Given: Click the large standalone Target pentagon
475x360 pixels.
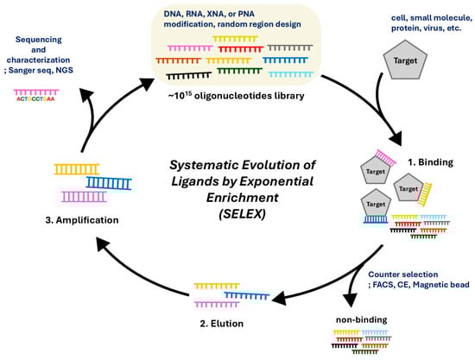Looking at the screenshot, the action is [405, 60].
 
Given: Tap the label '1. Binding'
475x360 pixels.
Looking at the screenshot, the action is [430, 162].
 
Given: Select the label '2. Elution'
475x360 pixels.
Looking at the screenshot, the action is [221, 324].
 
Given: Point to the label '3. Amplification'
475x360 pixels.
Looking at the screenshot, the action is [82, 220].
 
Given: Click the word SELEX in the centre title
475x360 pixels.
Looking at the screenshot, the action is [242, 214].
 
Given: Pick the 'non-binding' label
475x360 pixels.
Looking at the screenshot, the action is [361, 319].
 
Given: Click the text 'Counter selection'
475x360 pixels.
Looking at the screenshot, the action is [403, 275].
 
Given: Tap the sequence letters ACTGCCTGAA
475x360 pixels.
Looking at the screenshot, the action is [35, 99].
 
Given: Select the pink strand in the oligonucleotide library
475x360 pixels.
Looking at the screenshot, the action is [190, 48].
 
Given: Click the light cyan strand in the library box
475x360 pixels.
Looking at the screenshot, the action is [291, 74].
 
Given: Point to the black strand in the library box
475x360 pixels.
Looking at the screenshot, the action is [189, 76].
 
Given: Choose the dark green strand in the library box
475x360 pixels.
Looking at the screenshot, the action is [239, 71].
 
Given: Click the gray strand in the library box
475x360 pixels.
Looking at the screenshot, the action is [290, 47].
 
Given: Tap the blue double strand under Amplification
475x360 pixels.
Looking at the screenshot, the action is [109, 183].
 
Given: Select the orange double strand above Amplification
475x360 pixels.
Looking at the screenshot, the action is [77, 169].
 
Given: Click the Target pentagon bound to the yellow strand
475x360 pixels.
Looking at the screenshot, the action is [408, 187].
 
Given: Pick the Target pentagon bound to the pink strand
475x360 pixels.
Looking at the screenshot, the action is [376, 170].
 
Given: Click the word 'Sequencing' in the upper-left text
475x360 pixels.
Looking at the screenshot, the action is [39, 40].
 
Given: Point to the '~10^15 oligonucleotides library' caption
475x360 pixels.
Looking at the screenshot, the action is [237, 95].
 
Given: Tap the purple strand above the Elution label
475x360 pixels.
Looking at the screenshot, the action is [217, 304].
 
